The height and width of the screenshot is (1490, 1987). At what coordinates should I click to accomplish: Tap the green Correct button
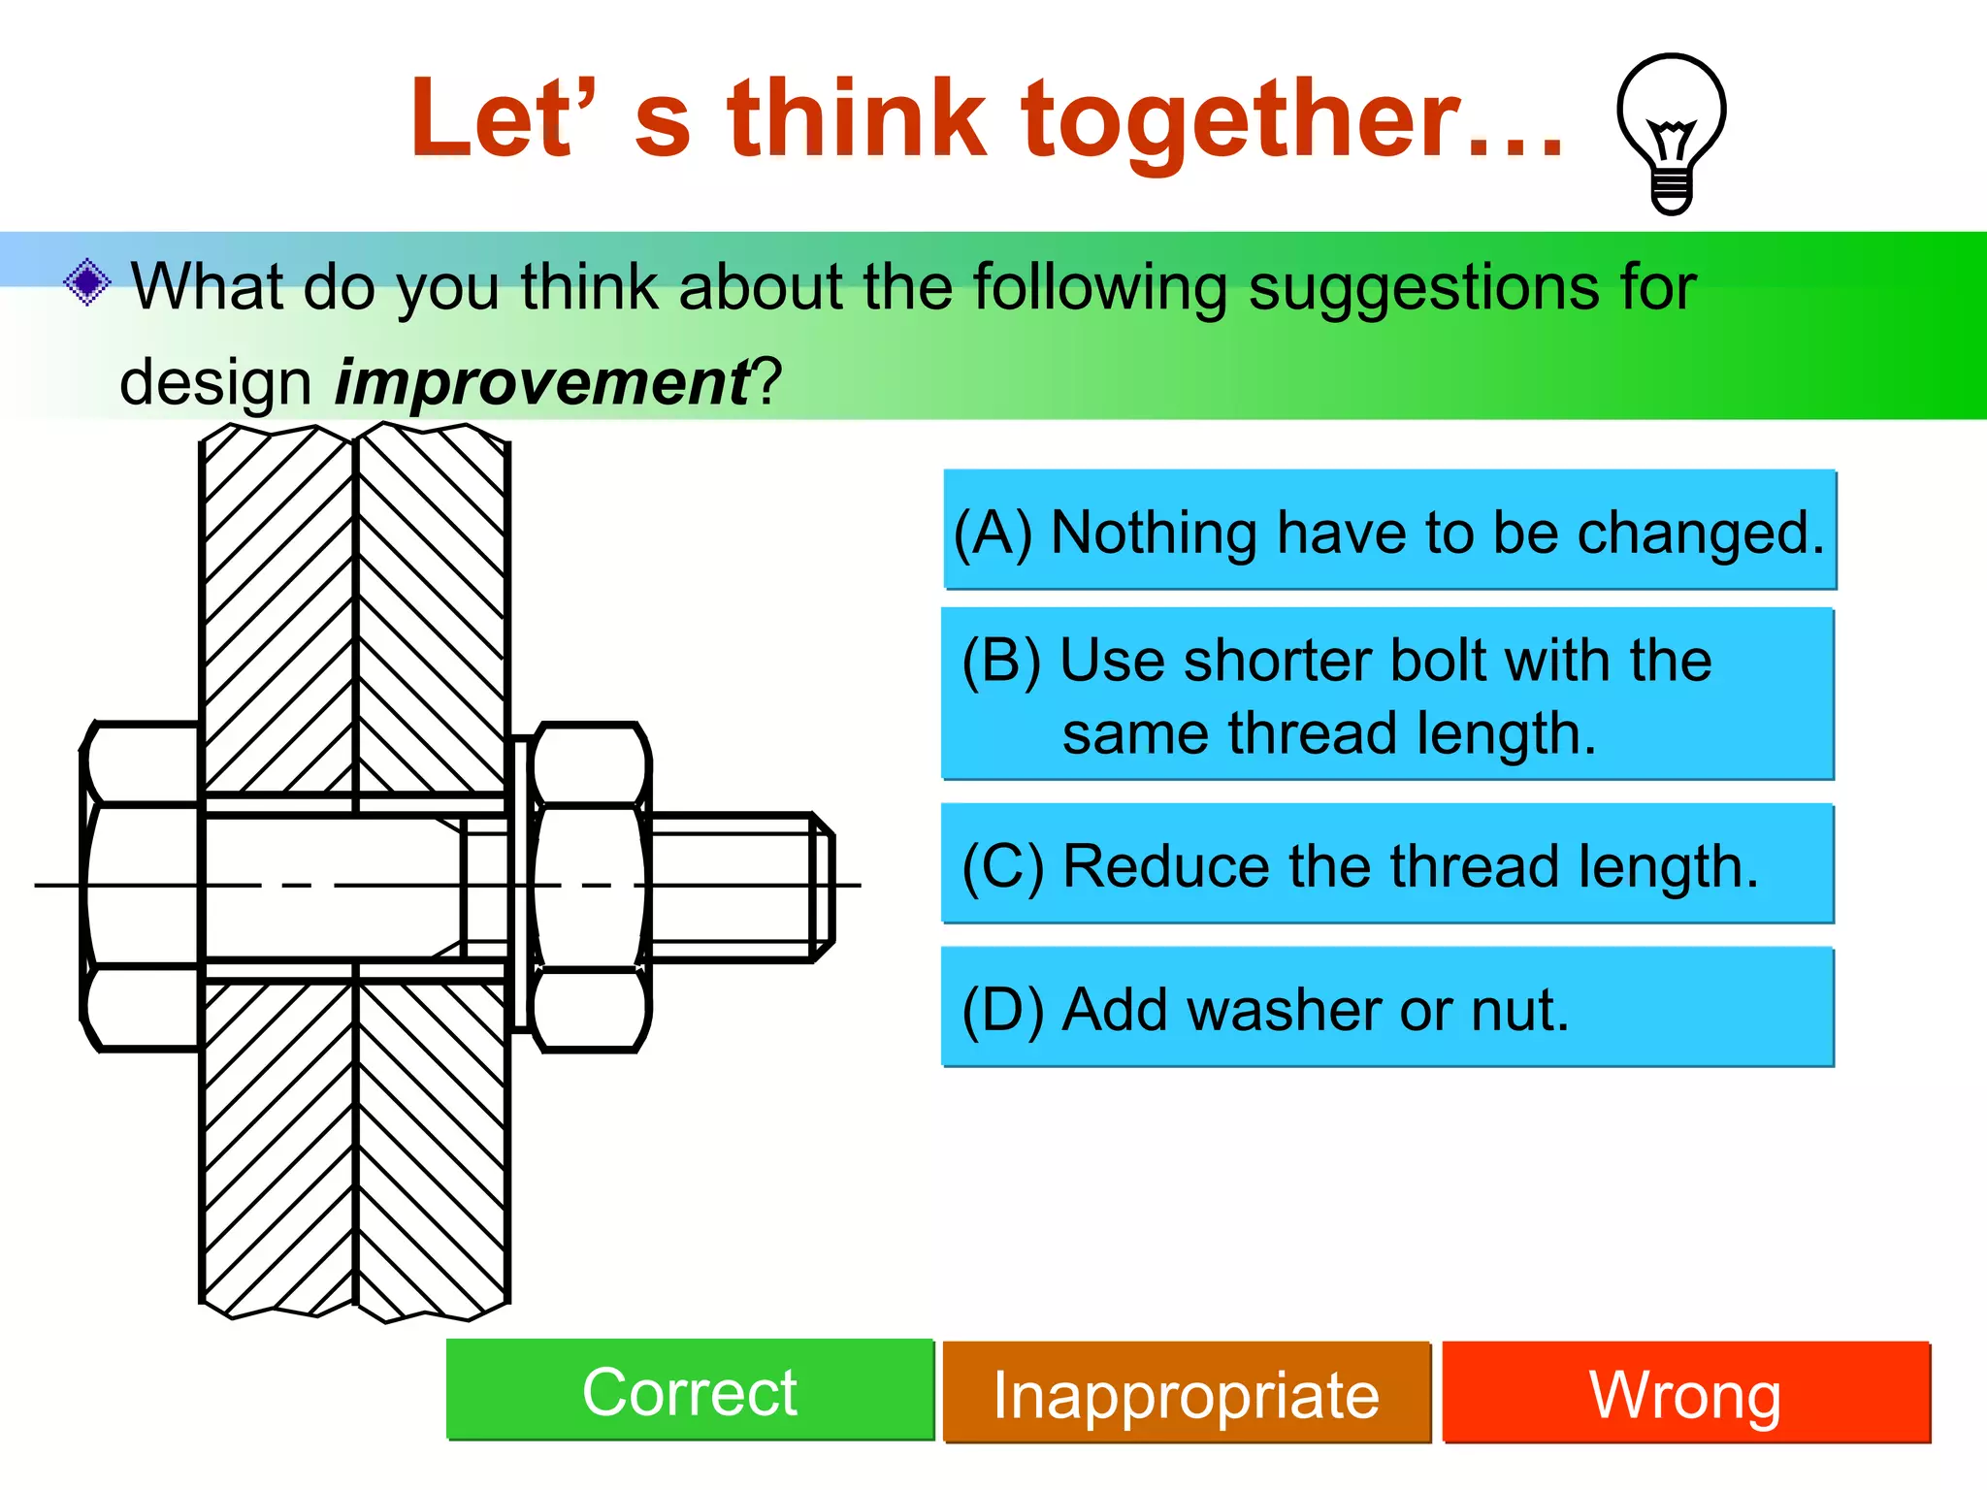689,1391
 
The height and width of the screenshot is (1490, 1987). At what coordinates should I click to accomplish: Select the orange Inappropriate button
1186,1393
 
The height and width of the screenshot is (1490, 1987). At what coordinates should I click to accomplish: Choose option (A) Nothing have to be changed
1389,531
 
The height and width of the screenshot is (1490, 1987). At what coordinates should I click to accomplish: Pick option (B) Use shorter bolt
1387,695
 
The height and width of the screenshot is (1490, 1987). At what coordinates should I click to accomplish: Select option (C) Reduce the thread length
1387,864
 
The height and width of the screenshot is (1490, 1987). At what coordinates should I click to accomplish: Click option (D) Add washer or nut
1387,1008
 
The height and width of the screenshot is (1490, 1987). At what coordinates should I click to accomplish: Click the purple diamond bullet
87,283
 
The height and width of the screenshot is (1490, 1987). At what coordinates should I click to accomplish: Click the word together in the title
1239,120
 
